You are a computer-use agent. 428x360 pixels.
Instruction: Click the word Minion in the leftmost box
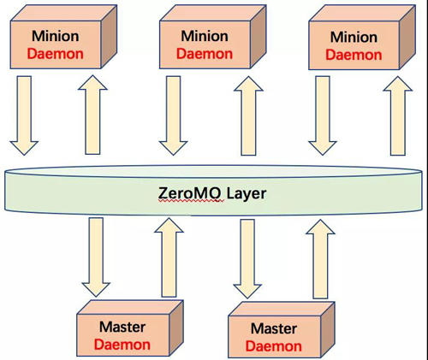[x=56, y=36]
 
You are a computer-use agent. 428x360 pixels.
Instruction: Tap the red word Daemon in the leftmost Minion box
[x=56, y=54]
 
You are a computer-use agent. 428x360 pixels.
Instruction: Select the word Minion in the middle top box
[x=205, y=36]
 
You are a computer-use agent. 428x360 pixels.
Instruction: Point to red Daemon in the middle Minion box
[x=205, y=54]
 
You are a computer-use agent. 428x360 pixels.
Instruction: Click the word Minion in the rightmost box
[x=354, y=37]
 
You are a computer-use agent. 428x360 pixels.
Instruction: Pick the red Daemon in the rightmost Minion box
[x=354, y=55]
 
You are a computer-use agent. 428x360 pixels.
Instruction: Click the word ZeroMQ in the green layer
[x=189, y=193]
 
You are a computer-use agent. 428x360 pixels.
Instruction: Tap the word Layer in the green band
[x=247, y=194]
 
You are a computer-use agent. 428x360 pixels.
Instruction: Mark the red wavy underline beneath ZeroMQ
[x=191, y=201]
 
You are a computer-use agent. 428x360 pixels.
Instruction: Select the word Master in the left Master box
[x=122, y=327]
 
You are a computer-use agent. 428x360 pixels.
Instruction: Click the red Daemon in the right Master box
[x=274, y=346]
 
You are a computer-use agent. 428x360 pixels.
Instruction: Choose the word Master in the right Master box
[x=274, y=328]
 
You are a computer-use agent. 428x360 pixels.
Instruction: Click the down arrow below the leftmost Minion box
[x=24, y=115]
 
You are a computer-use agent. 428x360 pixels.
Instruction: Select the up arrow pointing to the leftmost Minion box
[x=92, y=115]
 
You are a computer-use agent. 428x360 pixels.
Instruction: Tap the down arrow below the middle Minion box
[x=173, y=115]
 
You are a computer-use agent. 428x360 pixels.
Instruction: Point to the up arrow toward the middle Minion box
[x=248, y=115]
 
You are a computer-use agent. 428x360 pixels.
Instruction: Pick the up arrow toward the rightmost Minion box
[x=398, y=115]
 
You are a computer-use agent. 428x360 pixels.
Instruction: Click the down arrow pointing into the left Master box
[x=96, y=257]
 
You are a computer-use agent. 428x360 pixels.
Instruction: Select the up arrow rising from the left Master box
[x=169, y=257]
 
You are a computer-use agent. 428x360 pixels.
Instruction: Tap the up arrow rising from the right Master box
[x=320, y=259]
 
